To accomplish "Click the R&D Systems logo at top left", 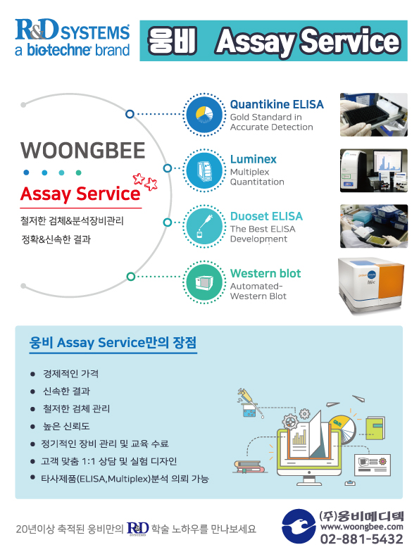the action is (72, 38).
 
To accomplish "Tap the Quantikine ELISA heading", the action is (277, 104).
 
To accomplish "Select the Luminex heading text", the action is (254, 159).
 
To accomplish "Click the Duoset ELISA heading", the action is (266, 216).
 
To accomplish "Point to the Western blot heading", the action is (265, 273).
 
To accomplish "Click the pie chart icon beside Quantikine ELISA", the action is (204, 115).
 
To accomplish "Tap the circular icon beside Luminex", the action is (204, 170).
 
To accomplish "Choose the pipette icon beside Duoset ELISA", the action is (204, 226).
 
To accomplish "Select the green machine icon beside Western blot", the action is (204, 282).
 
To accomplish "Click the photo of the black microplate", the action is (373, 115).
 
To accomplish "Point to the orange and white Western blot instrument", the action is (371, 286).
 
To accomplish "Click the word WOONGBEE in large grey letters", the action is (82, 151).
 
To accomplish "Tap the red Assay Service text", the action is (80, 194).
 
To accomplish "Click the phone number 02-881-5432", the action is (361, 539).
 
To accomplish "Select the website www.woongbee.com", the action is (361, 527).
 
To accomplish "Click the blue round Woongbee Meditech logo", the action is (298, 526).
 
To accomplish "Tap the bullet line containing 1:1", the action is (108, 461).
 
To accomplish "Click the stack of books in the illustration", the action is (249, 467).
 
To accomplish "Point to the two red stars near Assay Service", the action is (145, 182).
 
